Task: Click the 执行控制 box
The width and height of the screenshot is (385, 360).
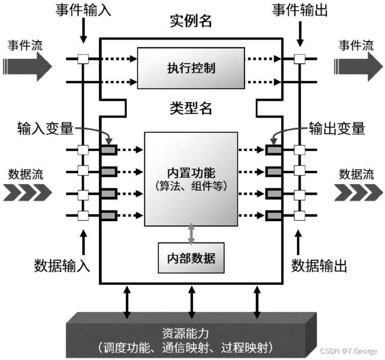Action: click(x=191, y=68)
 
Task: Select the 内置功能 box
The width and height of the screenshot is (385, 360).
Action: click(x=191, y=179)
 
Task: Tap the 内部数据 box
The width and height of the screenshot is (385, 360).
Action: click(x=191, y=258)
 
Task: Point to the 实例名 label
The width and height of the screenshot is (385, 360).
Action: click(x=191, y=21)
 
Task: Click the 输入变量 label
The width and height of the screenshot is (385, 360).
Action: click(x=43, y=128)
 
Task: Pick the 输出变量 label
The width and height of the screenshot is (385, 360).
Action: click(x=337, y=128)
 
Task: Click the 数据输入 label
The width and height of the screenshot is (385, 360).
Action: click(x=62, y=264)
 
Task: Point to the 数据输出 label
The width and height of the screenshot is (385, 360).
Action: click(x=320, y=264)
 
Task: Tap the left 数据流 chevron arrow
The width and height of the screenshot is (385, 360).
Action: click(x=27, y=192)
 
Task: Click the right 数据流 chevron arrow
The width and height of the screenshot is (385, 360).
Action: click(x=356, y=192)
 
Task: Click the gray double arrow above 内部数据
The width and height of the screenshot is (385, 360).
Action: click(x=191, y=233)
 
